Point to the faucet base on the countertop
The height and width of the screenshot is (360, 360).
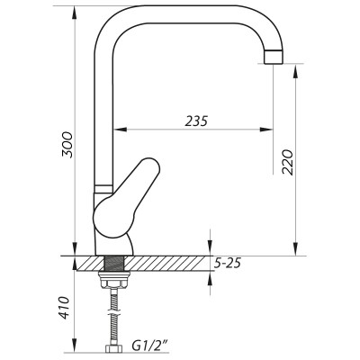(x=113, y=244)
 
